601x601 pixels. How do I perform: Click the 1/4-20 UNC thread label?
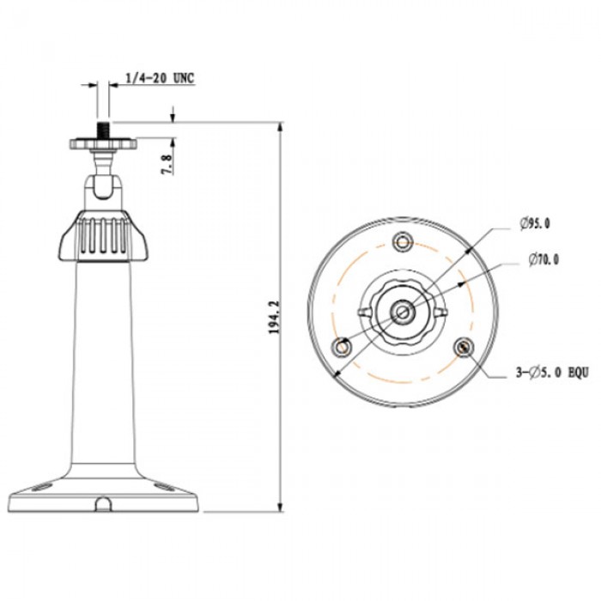click(x=160, y=78)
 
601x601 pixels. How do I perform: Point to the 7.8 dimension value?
click(x=168, y=159)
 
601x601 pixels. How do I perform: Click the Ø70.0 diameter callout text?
click(x=540, y=257)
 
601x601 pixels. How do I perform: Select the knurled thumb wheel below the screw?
click(x=103, y=144)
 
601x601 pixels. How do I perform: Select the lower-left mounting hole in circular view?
click(x=343, y=346)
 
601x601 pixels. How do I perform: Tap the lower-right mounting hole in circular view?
click(x=464, y=346)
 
